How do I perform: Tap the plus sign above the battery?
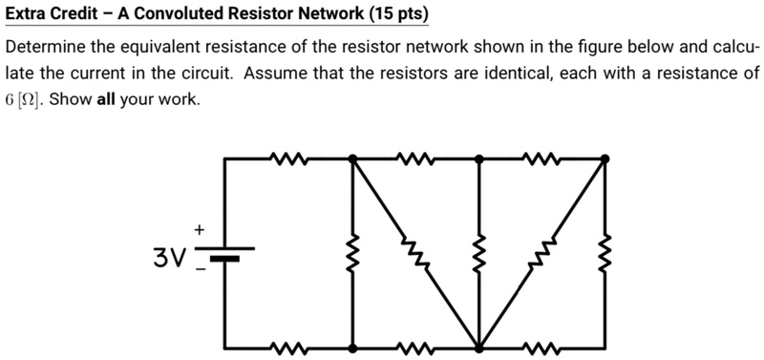click(x=200, y=229)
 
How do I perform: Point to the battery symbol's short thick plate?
click(x=224, y=258)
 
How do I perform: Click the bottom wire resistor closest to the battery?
click(x=287, y=348)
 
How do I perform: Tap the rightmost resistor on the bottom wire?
click(x=541, y=348)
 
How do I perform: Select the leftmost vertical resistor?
click(x=352, y=254)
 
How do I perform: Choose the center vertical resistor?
click(x=478, y=254)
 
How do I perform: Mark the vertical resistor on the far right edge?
click(x=605, y=254)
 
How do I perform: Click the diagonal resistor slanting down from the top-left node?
click(x=414, y=253)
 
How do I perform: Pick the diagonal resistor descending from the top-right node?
click(x=542, y=253)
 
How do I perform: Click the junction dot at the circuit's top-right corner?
click(x=605, y=159)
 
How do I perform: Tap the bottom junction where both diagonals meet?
click(x=478, y=348)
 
